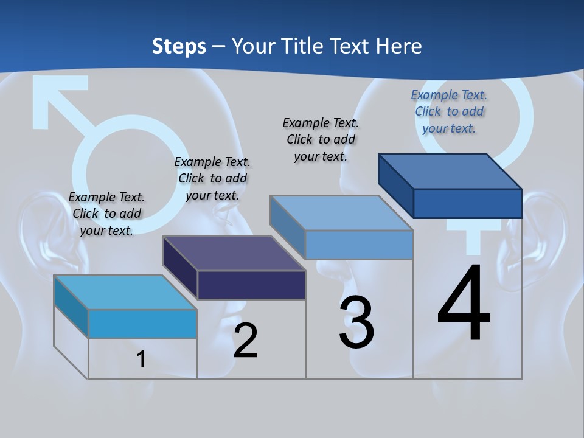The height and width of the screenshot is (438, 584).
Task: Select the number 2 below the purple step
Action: pos(245,341)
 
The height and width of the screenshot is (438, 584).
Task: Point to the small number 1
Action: pos(141,360)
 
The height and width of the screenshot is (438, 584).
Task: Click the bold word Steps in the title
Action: pos(179,46)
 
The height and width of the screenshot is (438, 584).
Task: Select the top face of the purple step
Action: pos(234,252)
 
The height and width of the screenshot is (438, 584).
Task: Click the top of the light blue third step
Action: pos(342,212)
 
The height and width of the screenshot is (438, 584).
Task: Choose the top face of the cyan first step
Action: pos(125,292)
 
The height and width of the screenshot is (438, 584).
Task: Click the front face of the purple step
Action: pos(251,285)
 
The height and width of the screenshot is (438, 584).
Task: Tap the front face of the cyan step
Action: pos(142,324)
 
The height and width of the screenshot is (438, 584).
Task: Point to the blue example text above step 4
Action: pos(449,111)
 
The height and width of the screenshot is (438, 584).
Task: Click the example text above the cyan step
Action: pos(106,214)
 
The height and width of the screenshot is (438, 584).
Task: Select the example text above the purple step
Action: pos(212,178)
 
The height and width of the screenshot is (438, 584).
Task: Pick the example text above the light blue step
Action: pos(321,139)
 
